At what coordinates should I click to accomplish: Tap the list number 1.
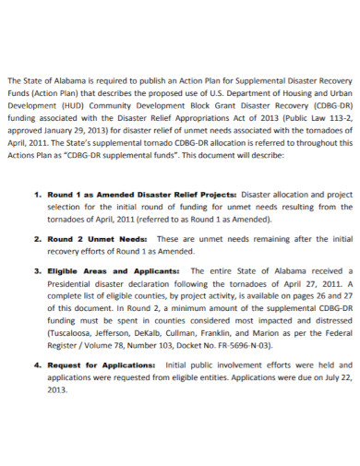[x=36, y=197]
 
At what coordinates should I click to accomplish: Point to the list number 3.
[x=36, y=272]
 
